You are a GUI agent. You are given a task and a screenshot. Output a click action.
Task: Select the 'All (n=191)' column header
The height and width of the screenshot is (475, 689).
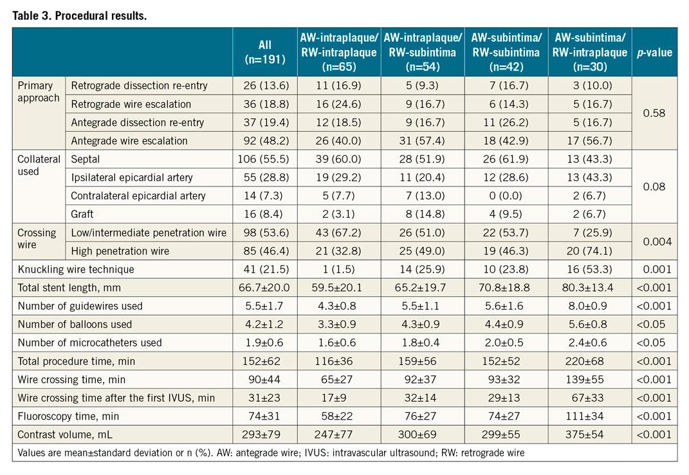(x=264, y=52)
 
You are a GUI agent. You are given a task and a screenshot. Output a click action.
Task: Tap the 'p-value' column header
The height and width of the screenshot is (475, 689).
(x=654, y=52)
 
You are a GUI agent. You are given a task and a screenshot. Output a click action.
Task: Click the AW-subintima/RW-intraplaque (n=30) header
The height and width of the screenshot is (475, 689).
(x=590, y=52)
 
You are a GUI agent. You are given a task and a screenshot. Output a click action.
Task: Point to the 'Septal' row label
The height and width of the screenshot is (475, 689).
(x=86, y=159)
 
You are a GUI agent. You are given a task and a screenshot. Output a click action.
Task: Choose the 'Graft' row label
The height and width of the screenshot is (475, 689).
(x=84, y=214)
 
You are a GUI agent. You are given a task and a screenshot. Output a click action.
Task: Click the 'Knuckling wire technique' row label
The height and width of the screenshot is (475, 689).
(x=77, y=270)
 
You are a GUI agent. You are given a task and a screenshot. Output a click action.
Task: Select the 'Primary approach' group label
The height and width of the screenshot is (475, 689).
(x=38, y=92)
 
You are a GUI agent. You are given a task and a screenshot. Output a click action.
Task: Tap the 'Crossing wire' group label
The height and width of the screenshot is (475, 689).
(x=37, y=239)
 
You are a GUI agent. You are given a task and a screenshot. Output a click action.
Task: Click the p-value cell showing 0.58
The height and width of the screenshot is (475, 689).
(x=654, y=113)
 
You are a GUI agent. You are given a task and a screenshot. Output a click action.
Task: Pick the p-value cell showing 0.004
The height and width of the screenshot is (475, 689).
(x=654, y=242)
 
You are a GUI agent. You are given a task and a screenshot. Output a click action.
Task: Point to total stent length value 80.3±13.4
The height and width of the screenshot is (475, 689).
(x=590, y=288)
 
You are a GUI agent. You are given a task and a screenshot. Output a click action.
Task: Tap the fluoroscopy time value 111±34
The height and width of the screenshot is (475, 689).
(x=590, y=416)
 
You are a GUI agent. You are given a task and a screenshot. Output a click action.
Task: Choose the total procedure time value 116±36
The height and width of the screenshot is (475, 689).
(x=339, y=361)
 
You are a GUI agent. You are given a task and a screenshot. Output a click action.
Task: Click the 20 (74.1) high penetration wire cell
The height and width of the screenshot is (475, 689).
(x=590, y=251)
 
